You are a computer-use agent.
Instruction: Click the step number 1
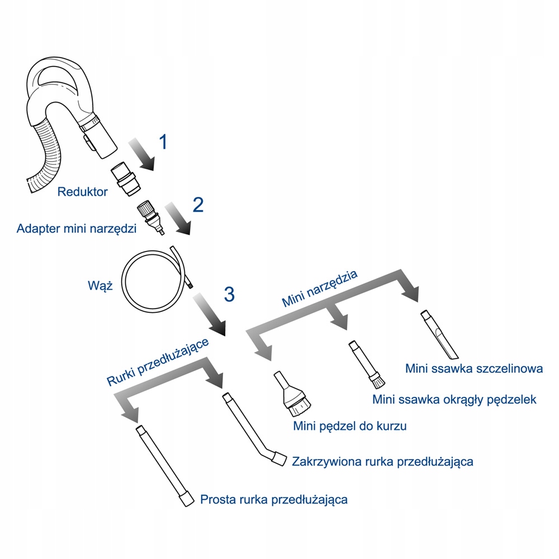tap(162, 142)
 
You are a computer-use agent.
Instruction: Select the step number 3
tap(229, 294)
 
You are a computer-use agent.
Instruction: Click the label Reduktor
tap(83, 192)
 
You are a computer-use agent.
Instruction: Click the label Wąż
tap(101, 286)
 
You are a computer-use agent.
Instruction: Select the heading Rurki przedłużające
tap(158, 362)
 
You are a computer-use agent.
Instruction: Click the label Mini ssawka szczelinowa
tap(474, 369)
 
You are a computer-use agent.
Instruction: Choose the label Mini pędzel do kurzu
tap(349, 426)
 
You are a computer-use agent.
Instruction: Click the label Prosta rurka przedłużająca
tap(274, 499)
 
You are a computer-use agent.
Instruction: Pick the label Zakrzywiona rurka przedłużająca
tap(383, 462)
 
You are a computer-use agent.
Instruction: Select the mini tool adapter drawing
tap(150, 217)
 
